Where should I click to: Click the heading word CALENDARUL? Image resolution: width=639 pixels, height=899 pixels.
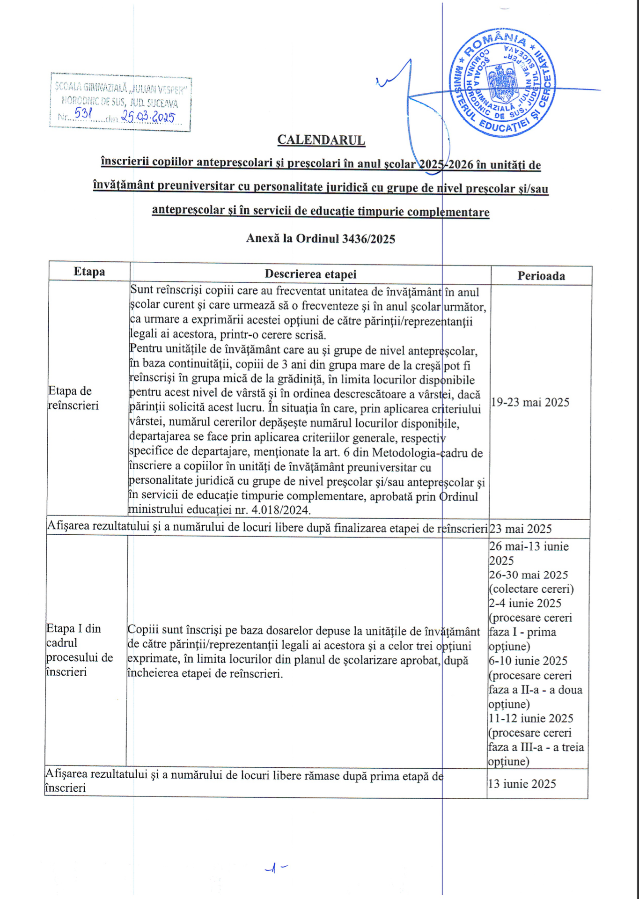coord(321,140)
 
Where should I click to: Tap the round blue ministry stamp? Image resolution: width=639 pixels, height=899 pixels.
coord(502,84)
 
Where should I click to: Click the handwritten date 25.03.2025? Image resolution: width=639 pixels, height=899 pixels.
coord(148,117)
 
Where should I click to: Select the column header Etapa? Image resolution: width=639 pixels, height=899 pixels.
coord(89,272)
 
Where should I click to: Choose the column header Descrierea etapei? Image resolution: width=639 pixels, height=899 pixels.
coord(310,274)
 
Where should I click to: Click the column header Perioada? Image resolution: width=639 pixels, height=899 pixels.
coord(541,276)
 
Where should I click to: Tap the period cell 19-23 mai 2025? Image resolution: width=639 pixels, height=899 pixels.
coord(530,402)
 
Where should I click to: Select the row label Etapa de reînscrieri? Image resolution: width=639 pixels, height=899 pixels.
coord(73,398)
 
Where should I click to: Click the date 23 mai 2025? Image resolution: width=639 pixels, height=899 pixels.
coord(521,529)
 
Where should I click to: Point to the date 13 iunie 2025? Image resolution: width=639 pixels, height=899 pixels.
coord(522,784)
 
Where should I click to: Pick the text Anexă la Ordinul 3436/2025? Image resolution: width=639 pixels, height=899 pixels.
coord(321,238)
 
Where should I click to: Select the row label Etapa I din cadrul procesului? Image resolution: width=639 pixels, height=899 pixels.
coord(79,650)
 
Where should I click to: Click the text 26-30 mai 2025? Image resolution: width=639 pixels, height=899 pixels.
coord(529,575)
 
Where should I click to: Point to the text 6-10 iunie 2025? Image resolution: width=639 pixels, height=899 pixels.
coord(528,661)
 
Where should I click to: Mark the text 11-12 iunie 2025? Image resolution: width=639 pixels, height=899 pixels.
coord(531,718)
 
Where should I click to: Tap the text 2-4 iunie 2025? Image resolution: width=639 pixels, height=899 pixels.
coord(525,603)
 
